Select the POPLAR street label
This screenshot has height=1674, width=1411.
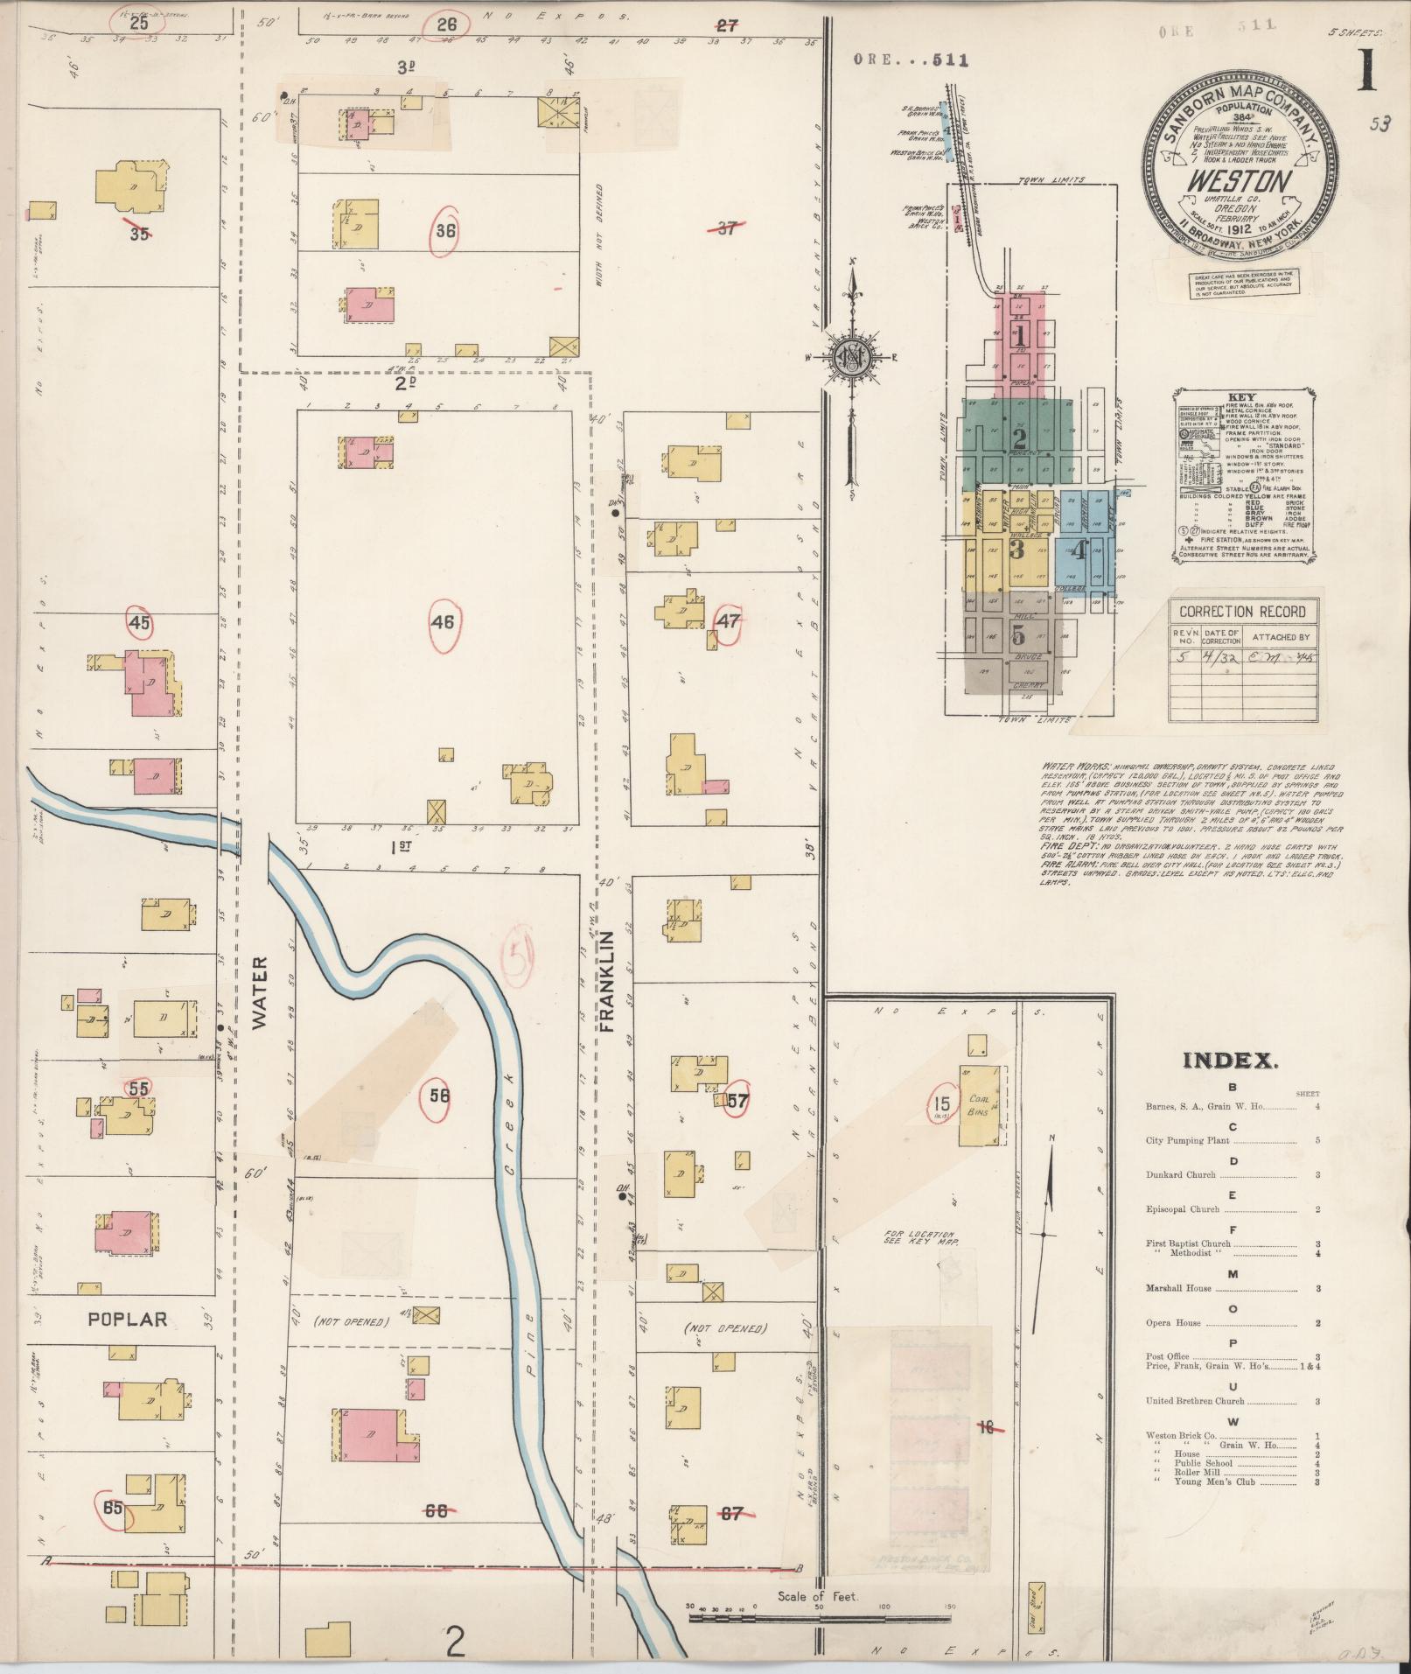pyautogui.click(x=128, y=1318)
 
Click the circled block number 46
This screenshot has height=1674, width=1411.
pyautogui.click(x=443, y=622)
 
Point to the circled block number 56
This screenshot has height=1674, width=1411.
pyautogui.click(x=439, y=1094)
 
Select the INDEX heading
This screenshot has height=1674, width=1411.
pyautogui.click(x=1230, y=1061)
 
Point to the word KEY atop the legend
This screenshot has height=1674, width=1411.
pyautogui.click(x=1241, y=397)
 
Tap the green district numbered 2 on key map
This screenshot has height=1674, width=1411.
pyautogui.click(x=1018, y=438)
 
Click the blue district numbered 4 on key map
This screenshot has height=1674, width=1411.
pyautogui.click(x=1079, y=550)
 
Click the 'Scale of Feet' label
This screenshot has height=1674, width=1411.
pyautogui.click(x=818, y=1596)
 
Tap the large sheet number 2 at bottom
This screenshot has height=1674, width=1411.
pyautogui.click(x=454, y=1642)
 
